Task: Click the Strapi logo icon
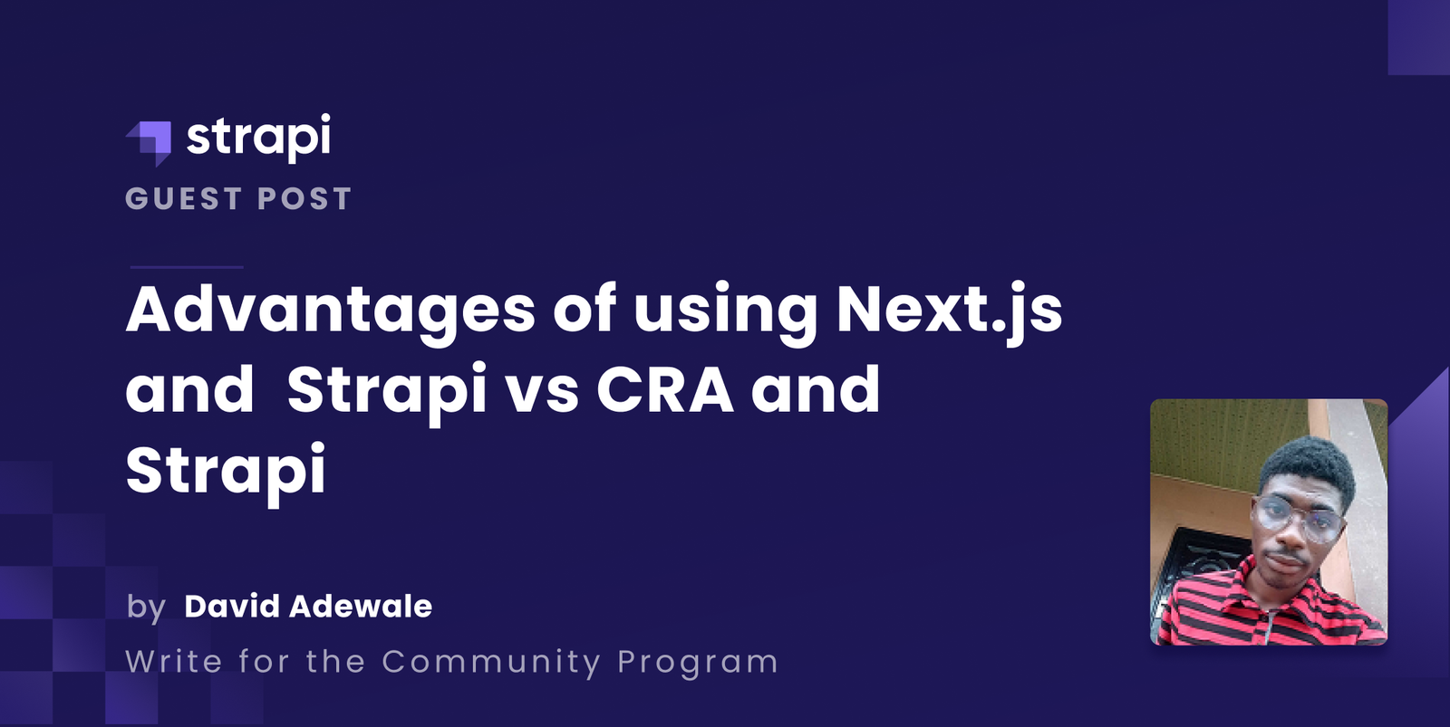[x=150, y=141]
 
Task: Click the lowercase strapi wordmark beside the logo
[x=258, y=138]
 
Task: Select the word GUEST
[x=183, y=199]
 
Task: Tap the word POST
[x=304, y=199]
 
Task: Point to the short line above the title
[x=187, y=267]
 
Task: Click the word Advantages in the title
[x=331, y=311]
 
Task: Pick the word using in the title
[x=725, y=311]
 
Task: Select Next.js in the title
[x=949, y=311]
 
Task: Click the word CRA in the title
[x=665, y=391]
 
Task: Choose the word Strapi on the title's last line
[x=226, y=471]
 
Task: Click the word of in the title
[x=585, y=309]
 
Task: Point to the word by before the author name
[x=146, y=607]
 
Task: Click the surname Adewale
[x=360, y=606]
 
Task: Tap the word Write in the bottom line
[x=174, y=661]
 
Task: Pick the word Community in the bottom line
[x=491, y=662]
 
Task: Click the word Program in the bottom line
[x=698, y=663]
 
